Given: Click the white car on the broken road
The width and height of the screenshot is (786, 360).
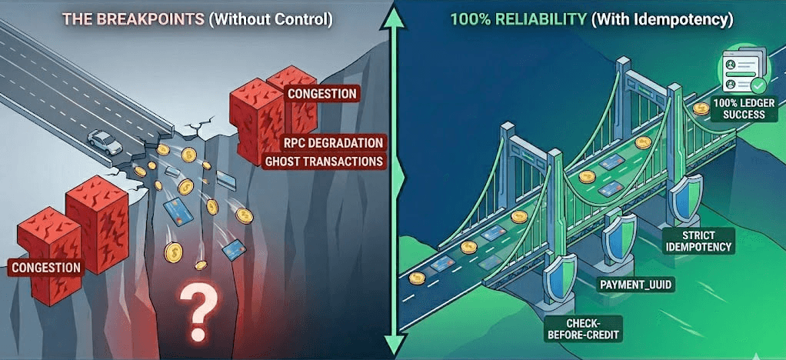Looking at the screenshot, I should tap(105, 141).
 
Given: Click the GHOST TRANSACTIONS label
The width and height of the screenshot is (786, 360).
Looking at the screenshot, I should tap(324, 162).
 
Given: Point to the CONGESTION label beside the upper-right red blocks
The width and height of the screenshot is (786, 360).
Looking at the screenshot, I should tap(321, 94).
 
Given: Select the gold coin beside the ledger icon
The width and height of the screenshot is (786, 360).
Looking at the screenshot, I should tap(701, 108).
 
